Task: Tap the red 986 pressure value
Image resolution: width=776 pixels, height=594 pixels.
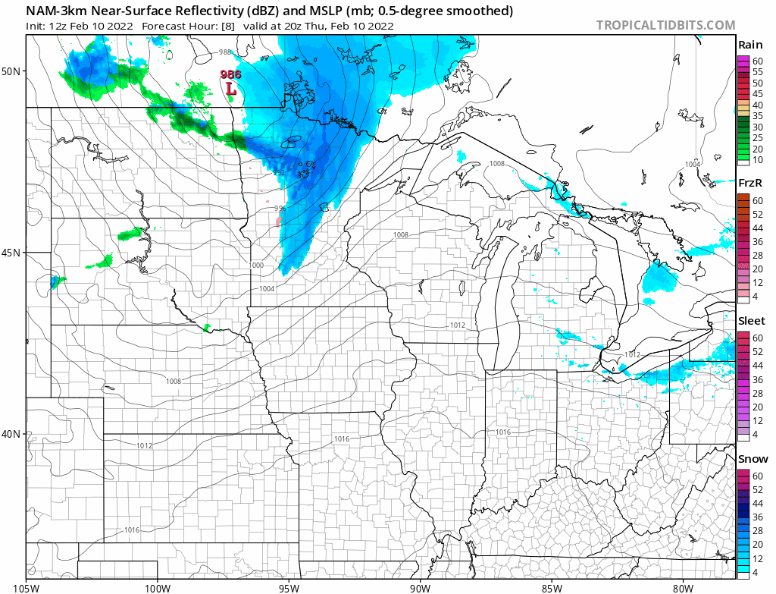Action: (230, 74)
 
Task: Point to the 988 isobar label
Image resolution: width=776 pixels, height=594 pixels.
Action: (225, 52)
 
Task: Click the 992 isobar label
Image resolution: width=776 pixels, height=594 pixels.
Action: (279, 173)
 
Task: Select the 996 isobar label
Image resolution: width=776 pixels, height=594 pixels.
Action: (280, 209)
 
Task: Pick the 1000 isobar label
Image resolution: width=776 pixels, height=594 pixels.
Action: (257, 265)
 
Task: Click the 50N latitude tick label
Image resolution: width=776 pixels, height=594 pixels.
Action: (12, 71)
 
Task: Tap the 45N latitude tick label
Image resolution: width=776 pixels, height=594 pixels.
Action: (12, 253)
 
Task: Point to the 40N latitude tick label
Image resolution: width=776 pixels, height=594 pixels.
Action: (12, 434)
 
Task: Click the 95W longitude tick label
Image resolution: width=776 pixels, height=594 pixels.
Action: (289, 586)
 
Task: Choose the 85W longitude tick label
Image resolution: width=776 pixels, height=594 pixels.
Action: (552, 586)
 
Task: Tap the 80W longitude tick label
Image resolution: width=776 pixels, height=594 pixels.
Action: (683, 586)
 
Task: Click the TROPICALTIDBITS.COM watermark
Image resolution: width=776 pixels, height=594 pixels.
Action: (665, 25)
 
